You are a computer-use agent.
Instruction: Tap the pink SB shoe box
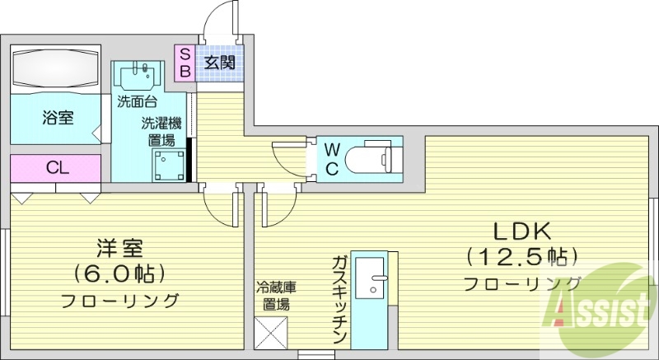coord(185,62)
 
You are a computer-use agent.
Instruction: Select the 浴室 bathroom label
coord(58,118)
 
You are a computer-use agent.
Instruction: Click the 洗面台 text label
coord(136,104)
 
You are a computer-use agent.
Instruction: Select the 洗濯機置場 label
coord(161,132)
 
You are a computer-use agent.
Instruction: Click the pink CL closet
coord(56,169)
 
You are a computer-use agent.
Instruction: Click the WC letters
coord(331,159)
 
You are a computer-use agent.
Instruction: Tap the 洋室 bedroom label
coord(121,247)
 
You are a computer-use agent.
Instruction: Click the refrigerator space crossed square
coord(273,333)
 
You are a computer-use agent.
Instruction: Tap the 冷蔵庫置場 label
coord(272,295)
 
